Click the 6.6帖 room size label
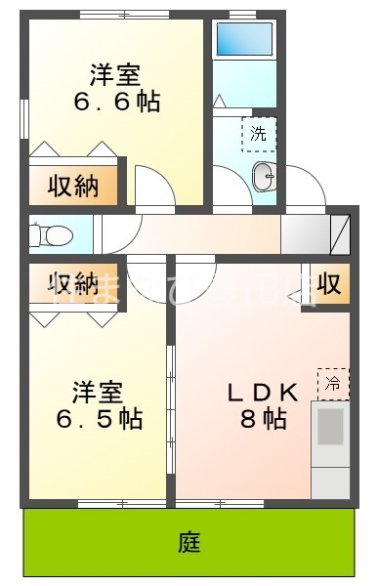(x=116, y=101)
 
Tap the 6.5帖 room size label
(x=100, y=419)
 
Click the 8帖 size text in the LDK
(x=263, y=419)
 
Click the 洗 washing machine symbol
(x=258, y=134)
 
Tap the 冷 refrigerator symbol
(x=333, y=382)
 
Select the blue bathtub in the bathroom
(x=243, y=40)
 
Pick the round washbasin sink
(x=264, y=176)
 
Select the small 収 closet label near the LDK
(x=329, y=284)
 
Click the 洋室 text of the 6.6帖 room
(x=115, y=74)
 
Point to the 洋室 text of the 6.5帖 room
(x=99, y=393)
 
